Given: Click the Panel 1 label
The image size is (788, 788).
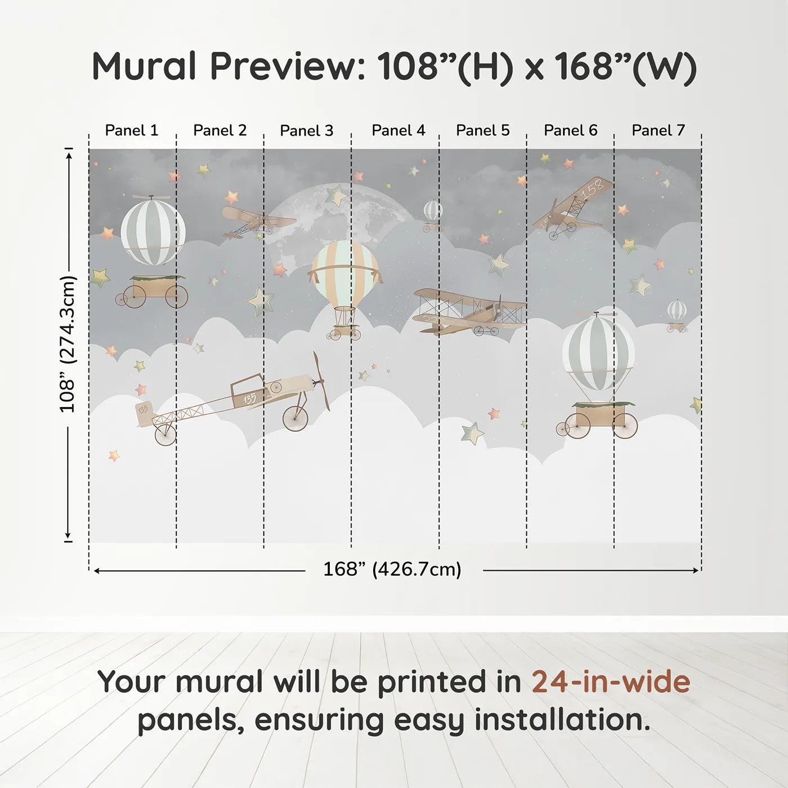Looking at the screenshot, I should point(132,131).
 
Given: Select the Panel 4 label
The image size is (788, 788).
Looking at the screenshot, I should point(398,131).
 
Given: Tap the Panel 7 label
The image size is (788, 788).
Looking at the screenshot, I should point(658,131).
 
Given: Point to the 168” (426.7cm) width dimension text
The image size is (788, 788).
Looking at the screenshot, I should point(392,570).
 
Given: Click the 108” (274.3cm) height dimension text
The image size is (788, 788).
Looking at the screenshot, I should point(68,344).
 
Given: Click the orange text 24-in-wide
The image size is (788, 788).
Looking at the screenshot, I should point(611,682).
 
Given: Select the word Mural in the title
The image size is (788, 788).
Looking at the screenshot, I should point(144,66).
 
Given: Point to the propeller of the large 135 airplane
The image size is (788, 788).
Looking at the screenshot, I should point(321,381).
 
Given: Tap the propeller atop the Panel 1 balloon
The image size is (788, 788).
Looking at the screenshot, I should point(151,197).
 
